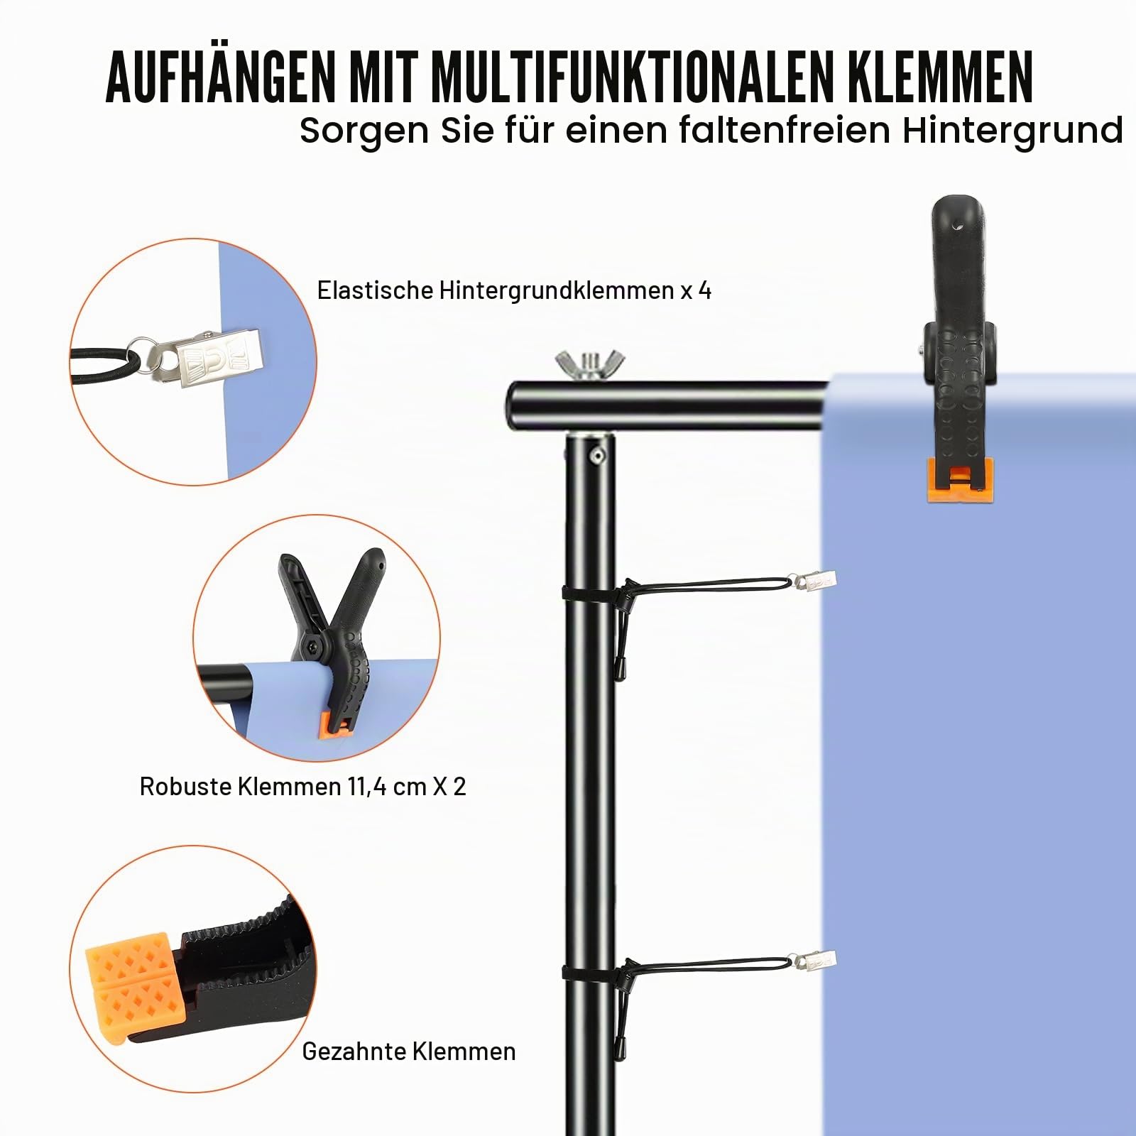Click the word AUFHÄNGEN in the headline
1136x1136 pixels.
coord(221,75)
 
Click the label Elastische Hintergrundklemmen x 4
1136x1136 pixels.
coord(514,290)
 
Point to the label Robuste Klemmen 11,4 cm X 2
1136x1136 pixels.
coord(303,787)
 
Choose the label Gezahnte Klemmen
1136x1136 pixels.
coord(409,1052)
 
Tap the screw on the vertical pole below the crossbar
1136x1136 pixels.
coord(598,456)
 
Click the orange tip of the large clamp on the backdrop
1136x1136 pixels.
coord(960,480)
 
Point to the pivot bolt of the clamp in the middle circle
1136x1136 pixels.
coord(312,645)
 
